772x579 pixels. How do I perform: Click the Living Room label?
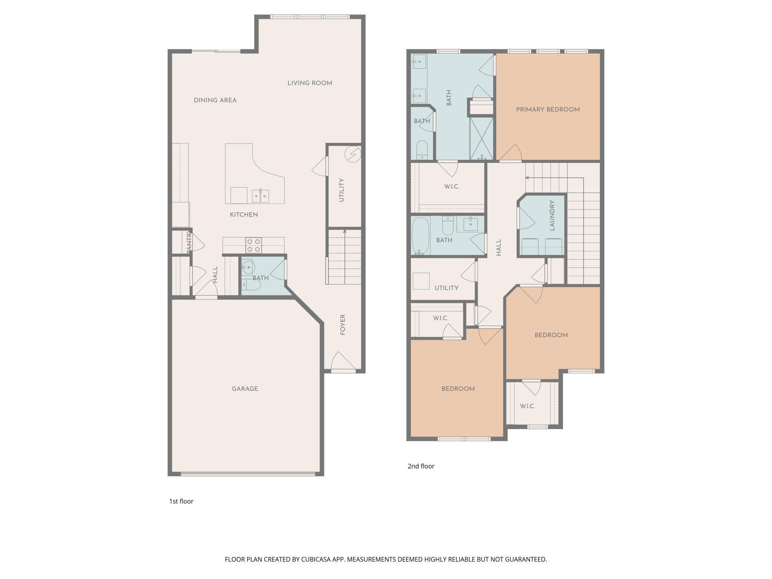tap(310, 83)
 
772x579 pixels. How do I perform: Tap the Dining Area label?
tap(215, 100)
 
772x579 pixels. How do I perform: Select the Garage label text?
tap(245, 389)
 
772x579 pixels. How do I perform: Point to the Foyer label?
tap(343, 325)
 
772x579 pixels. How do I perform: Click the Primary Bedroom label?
tap(548, 109)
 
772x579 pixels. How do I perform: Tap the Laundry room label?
tap(552, 215)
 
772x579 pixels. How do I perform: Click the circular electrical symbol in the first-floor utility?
tap(352, 154)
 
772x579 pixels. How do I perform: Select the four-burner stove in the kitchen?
tap(253, 245)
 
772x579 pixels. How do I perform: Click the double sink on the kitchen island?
tap(261, 196)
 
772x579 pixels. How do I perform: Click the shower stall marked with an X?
tap(481, 138)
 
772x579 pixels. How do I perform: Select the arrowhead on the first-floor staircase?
tap(345, 232)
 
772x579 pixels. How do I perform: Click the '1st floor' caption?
tap(181, 501)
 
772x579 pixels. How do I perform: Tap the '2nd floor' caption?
tap(421, 466)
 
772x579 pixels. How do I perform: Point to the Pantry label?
tap(188, 242)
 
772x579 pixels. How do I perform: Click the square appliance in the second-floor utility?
tap(421, 281)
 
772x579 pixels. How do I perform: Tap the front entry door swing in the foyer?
tap(344, 361)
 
